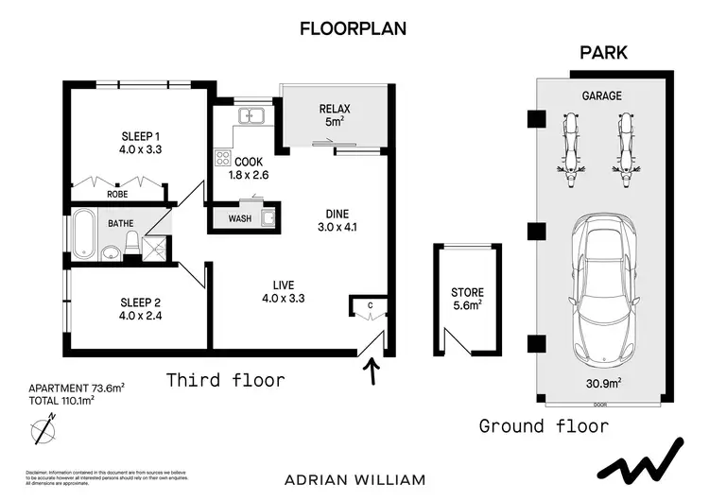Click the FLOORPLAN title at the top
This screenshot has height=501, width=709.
point(353,28)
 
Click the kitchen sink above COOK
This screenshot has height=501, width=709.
point(251,116)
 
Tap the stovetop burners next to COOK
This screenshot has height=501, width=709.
point(224,158)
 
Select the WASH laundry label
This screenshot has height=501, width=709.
point(240,219)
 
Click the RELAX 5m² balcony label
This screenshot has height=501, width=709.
point(335,114)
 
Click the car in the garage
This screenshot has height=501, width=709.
point(602,288)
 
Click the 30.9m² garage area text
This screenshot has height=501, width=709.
point(602,384)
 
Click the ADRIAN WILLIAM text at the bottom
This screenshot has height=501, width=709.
point(354,479)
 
